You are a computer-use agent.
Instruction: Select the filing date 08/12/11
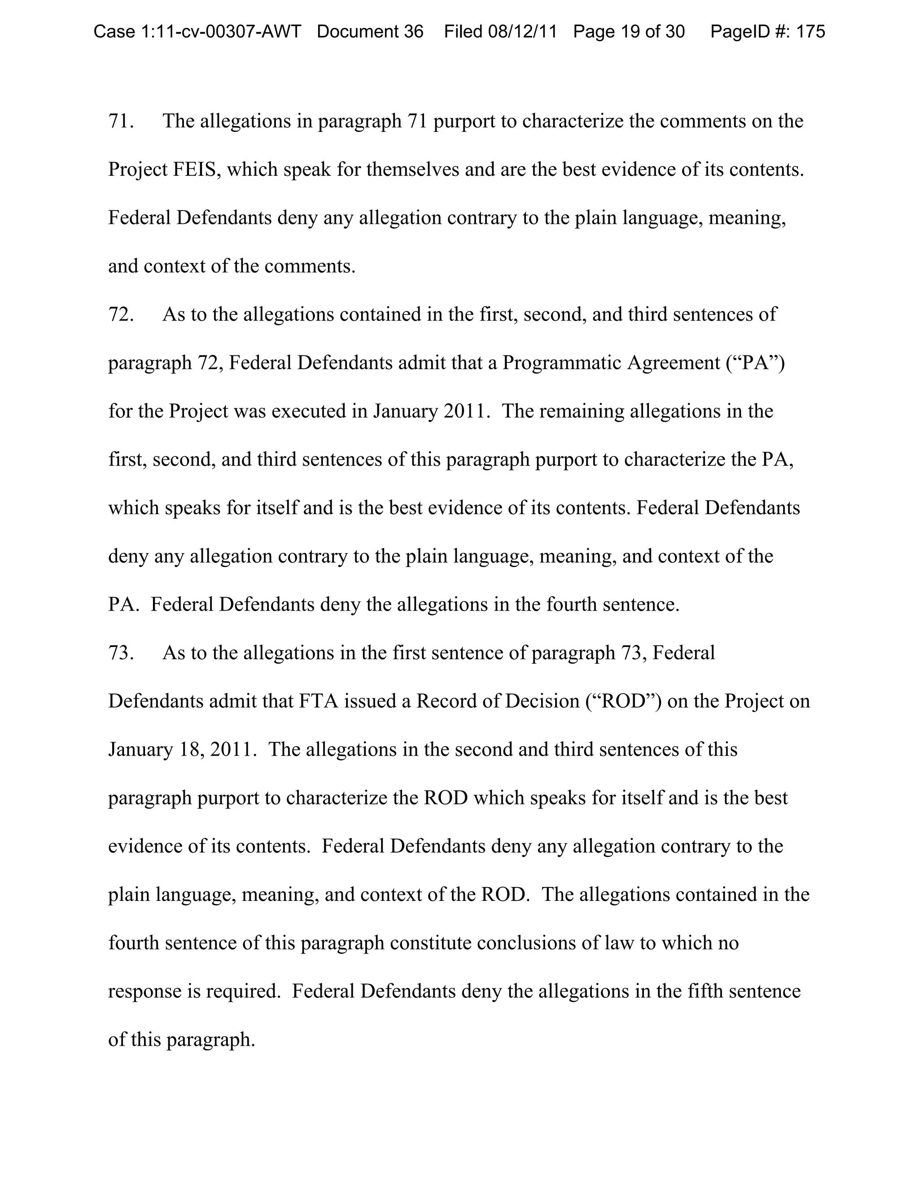522,31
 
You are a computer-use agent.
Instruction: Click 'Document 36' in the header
370,31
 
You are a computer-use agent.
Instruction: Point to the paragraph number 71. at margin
121,121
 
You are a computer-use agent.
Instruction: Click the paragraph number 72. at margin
121,315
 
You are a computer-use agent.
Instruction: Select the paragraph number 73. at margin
121,653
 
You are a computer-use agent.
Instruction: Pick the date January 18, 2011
181,750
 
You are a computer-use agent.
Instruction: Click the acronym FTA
319,701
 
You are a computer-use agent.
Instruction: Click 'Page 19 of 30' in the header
629,31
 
